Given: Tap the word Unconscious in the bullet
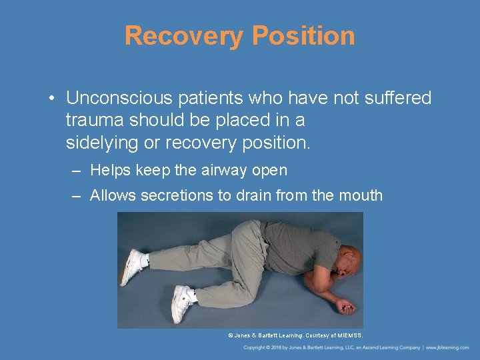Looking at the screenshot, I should click(117, 99).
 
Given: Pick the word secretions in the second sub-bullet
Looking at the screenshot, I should click(177, 196).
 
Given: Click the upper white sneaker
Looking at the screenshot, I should click(133, 266).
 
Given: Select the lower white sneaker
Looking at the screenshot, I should click(181, 303).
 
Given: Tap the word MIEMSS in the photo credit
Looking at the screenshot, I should click(349, 335).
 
